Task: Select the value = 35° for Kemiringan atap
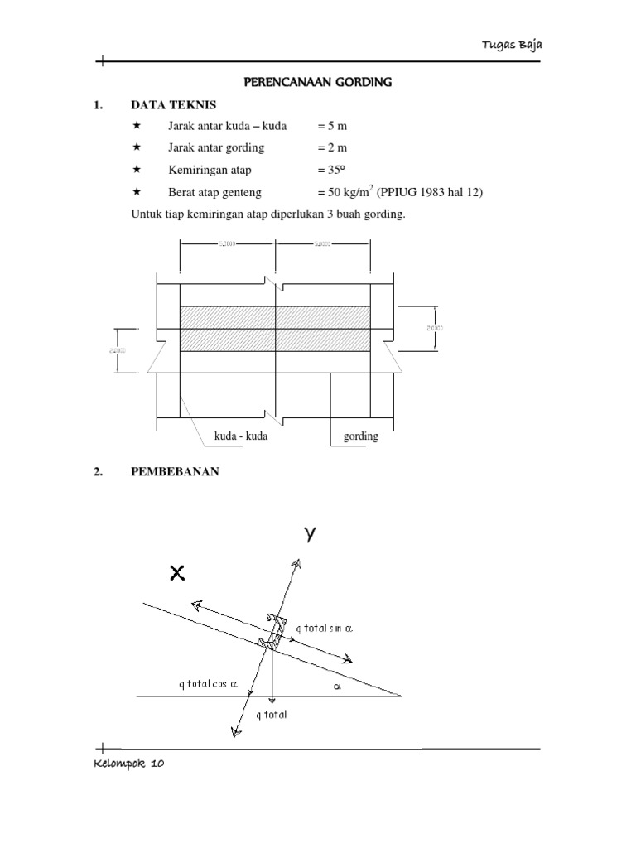coord(333,170)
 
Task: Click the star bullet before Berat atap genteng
coord(137,191)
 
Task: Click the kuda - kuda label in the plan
coord(240,436)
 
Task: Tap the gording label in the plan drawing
coord(360,436)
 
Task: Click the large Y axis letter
coord(310,536)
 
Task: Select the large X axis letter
coord(176,572)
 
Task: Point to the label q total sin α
coord(323,629)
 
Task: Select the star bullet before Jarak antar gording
coord(137,147)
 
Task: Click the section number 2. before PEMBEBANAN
coord(99,472)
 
